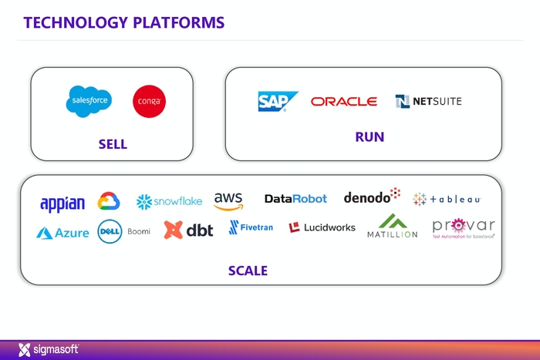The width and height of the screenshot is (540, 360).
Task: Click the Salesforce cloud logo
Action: coord(89,101)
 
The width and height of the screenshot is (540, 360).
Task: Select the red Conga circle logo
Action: coord(149,102)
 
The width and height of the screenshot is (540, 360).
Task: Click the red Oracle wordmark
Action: coord(344,102)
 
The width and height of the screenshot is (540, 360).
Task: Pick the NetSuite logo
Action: coord(428,101)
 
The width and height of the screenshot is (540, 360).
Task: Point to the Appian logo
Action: coord(62,203)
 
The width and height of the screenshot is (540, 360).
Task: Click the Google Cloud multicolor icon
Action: coord(109,202)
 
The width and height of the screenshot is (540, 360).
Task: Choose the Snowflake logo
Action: coord(169,201)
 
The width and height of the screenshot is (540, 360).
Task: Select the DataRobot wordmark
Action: coord(295,199)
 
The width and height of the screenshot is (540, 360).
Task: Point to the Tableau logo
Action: coord(447,199)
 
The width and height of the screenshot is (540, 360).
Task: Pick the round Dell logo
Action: coord(110,231)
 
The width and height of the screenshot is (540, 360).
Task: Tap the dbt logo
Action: coord(188,230)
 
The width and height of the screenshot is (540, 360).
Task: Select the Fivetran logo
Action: coord(251,227)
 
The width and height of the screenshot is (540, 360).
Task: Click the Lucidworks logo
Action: coord(323,227)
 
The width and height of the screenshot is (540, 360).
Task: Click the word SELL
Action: coord(113,144)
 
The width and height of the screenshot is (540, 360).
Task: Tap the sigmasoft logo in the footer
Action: coord(48,350)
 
